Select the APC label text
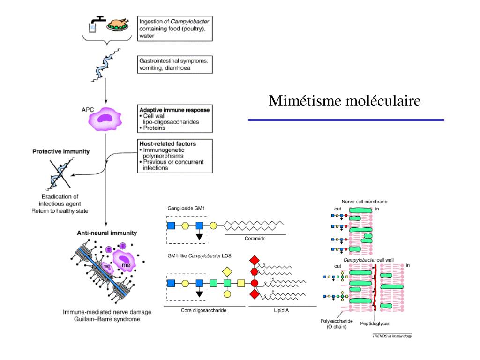88,109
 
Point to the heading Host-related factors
167,143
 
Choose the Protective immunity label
61,152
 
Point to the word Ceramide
255,239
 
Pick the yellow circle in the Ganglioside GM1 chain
213,225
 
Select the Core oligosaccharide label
203,310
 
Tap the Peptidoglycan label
375,323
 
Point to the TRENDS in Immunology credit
392,336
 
